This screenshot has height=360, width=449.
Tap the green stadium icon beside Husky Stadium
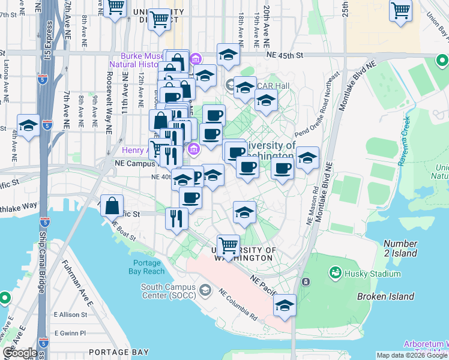(x=335, y=273)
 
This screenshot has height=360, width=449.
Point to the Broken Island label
(x=385, y=296)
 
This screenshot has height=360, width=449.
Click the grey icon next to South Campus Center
(x=206, y=291)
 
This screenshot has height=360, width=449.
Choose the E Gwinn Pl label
(x=70, y=332)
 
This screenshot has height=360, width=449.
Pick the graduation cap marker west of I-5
(x=28, y=126)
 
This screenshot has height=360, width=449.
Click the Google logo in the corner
(x=20, y=353)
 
